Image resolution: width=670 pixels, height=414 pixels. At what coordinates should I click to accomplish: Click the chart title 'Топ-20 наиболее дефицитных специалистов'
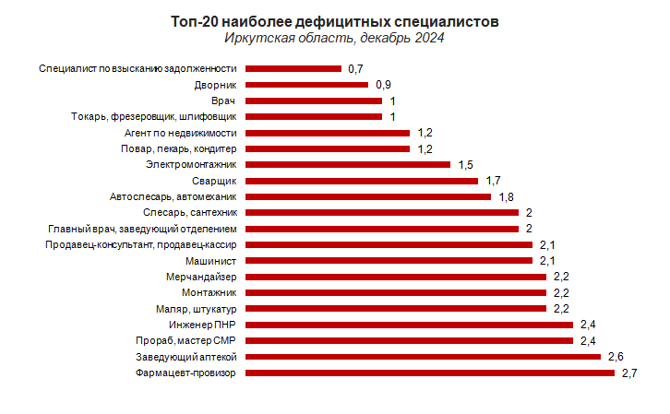(335, 21)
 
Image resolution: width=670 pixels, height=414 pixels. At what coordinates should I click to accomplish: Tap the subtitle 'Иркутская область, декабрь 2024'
(335, 38)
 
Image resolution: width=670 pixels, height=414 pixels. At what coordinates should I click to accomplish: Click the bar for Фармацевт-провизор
(429, 373)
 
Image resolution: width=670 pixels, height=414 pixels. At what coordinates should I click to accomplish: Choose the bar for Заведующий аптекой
(423, 356)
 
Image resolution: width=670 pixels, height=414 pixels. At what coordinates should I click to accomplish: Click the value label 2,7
(629, 373)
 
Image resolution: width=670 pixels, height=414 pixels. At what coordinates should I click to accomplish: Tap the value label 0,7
(356, 68)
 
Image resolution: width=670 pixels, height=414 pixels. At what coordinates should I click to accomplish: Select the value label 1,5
(467, 164)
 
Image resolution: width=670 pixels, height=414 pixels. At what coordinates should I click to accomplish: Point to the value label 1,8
(507, 196)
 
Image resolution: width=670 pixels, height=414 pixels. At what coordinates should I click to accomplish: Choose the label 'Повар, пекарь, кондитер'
(179, 148)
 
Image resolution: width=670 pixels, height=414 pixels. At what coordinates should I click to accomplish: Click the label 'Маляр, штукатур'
(197, 308)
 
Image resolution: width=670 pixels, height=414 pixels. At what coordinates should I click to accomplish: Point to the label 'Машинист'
(213, 261)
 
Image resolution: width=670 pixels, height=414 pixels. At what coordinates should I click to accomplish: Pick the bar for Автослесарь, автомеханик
(367, 196)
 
